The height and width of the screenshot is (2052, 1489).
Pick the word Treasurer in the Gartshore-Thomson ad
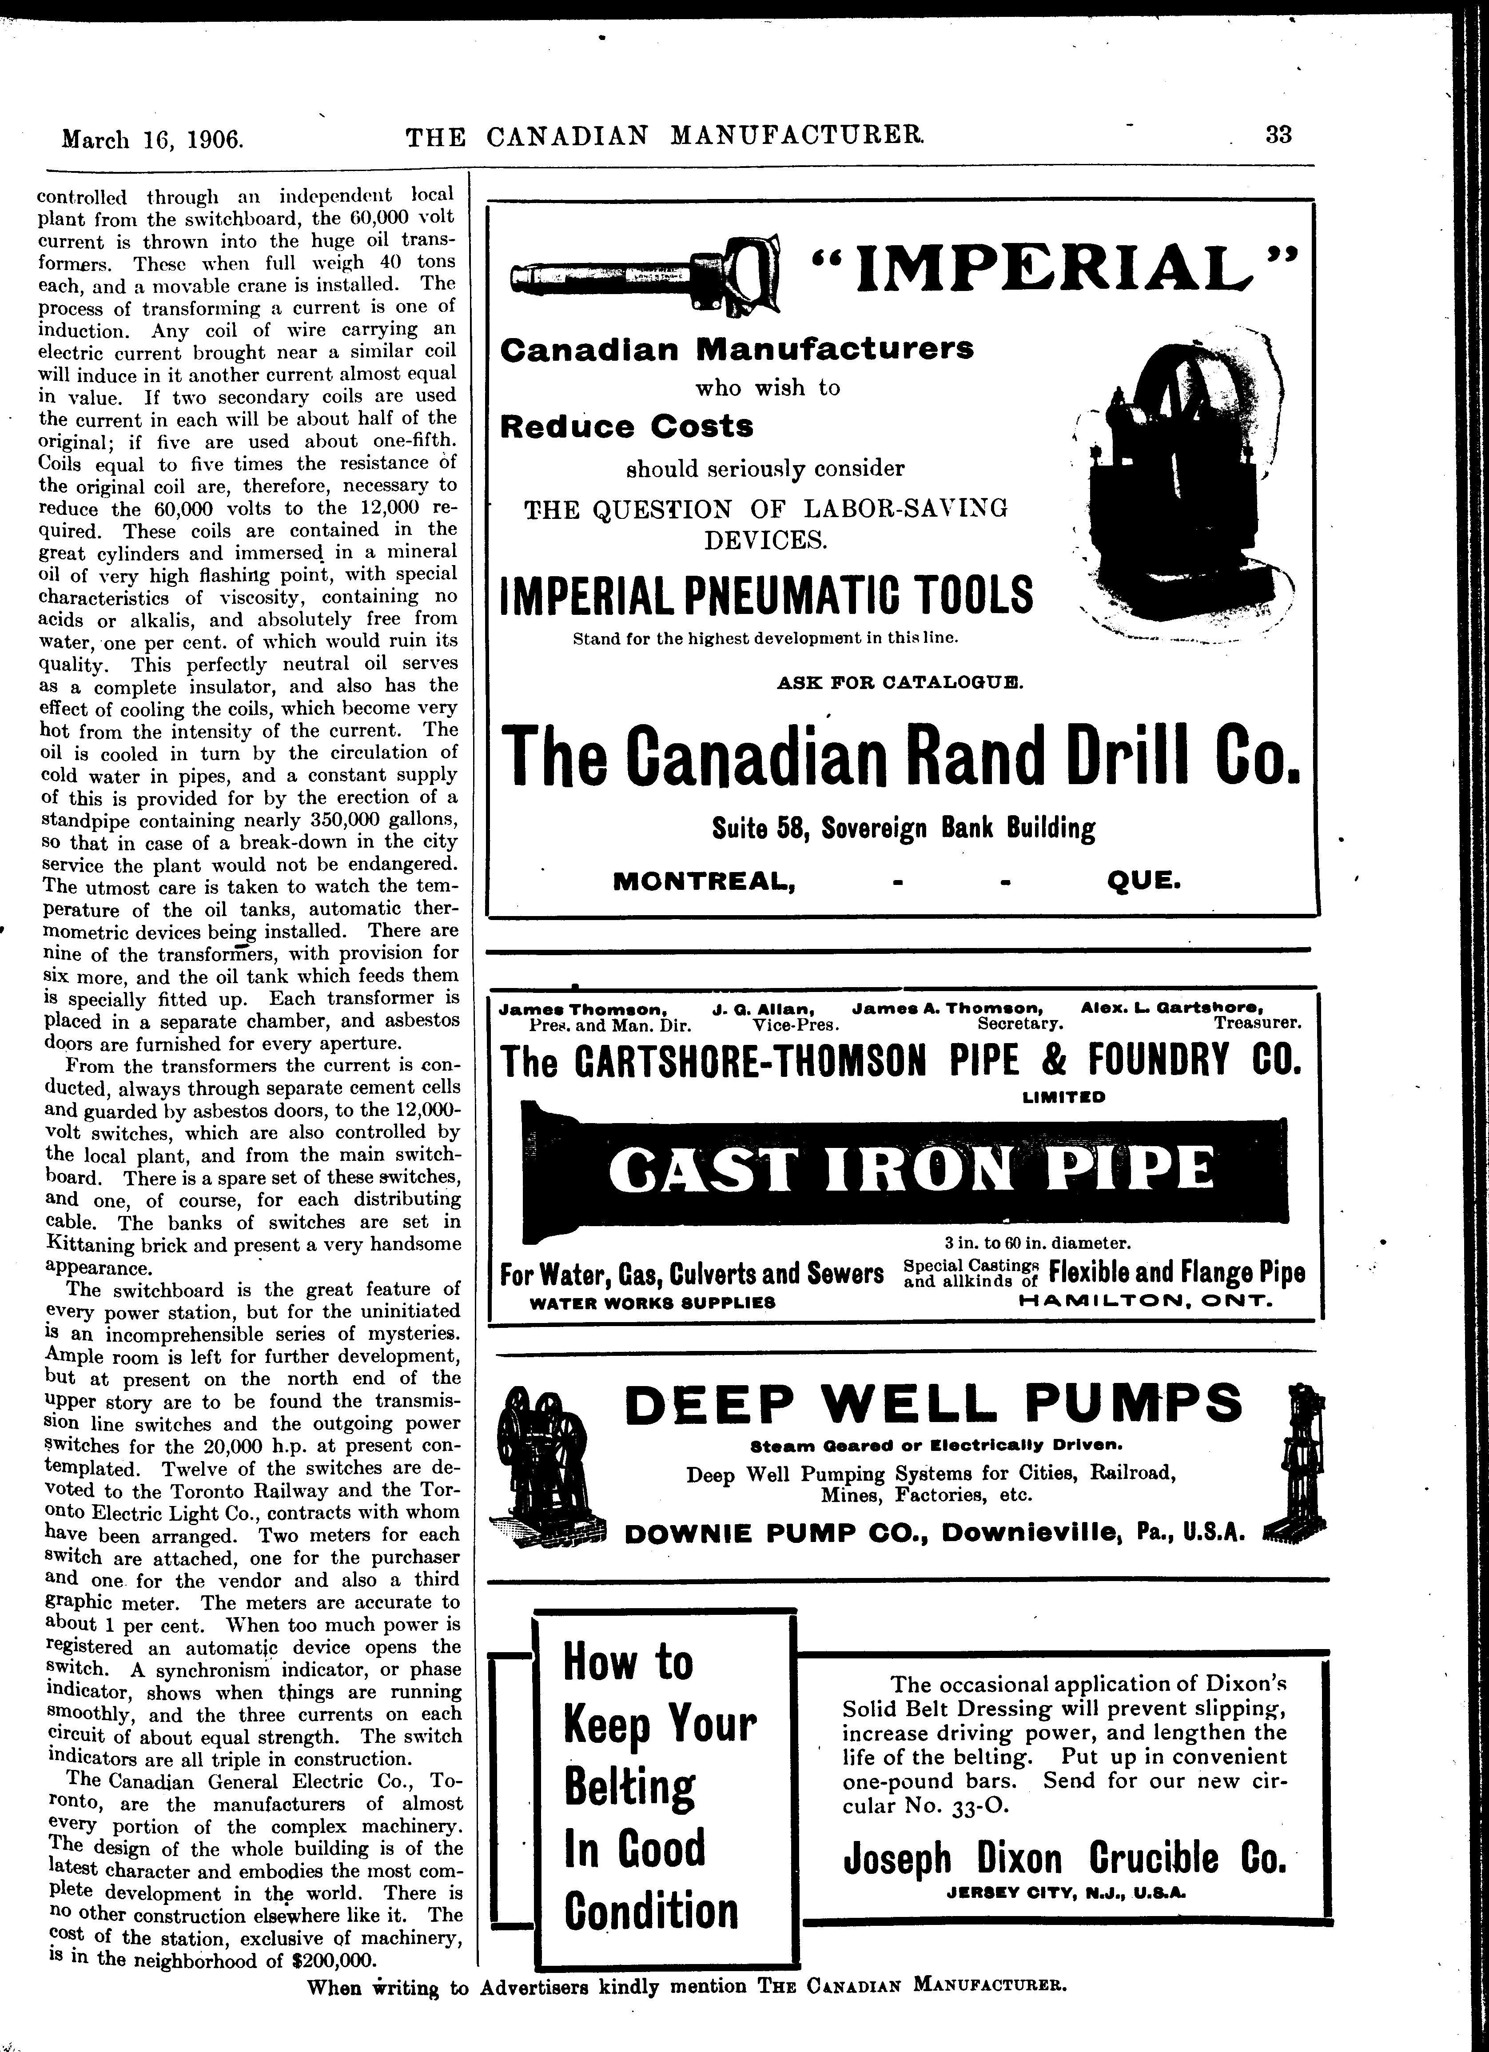pyautogui.click(x=1258, y=1024)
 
